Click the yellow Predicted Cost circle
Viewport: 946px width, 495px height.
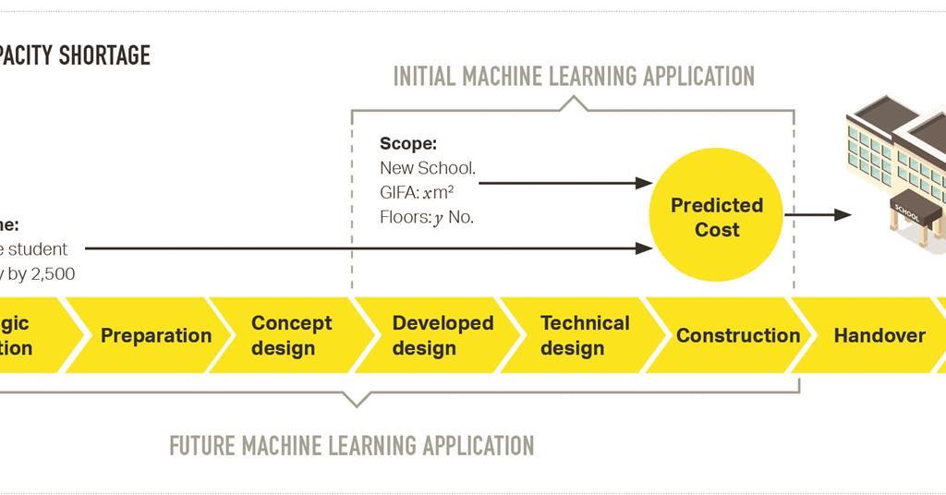716,216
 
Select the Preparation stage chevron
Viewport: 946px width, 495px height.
156,335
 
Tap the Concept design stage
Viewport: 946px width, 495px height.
291,335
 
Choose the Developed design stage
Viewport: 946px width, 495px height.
443,335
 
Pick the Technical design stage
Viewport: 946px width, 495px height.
585,335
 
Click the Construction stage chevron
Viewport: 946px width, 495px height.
737,335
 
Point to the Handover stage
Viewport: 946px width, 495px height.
879,335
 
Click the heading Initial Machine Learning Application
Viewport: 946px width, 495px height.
574,76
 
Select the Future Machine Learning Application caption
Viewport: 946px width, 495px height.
351,446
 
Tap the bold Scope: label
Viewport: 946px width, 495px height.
407,144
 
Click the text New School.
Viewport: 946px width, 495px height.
427,168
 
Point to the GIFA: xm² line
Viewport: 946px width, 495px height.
417,193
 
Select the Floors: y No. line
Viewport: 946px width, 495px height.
426,219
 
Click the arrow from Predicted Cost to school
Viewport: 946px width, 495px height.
818,215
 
